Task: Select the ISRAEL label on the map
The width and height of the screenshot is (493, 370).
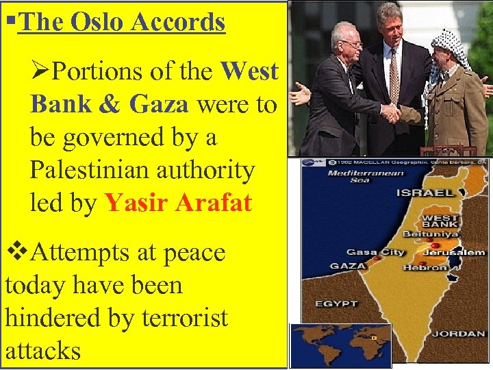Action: (x=425, y=193)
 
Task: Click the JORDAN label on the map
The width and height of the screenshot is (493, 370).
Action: (x=459, y=334)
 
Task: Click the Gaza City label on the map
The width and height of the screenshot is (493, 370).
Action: (x=375, y=252)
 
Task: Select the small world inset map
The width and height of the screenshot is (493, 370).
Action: (x=340, y=345)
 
